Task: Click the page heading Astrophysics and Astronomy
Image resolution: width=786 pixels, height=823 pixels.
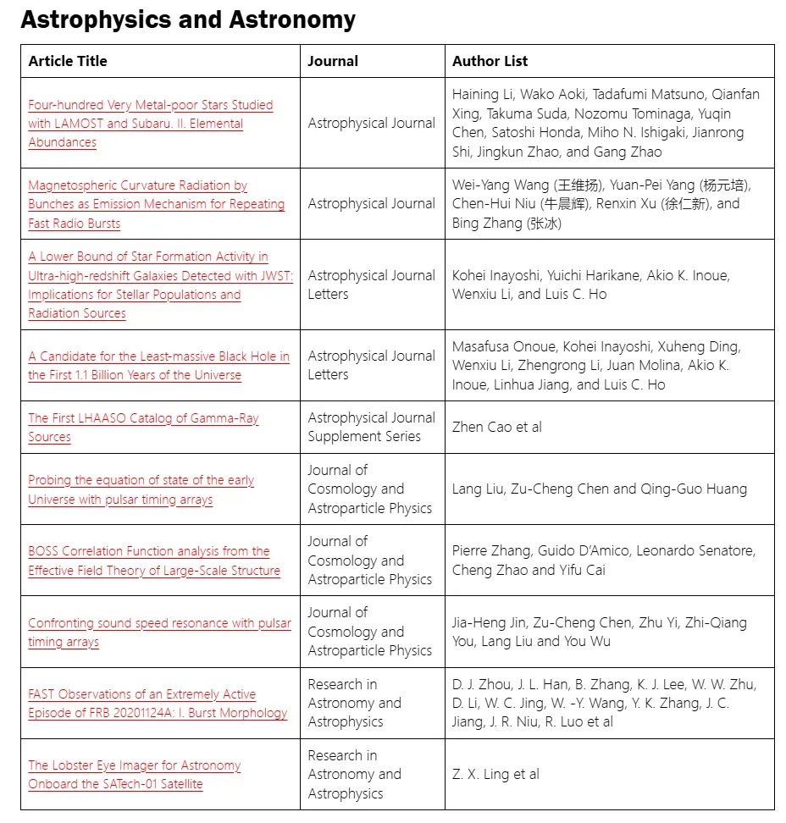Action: click(188, 19)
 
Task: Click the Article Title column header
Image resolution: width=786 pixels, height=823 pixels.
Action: click(68, 61)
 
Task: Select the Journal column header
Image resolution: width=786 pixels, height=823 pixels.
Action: click(333, 61)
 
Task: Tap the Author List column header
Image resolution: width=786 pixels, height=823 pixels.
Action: click(490, 61)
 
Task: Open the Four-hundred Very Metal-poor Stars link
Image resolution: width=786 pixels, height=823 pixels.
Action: click(150, 124)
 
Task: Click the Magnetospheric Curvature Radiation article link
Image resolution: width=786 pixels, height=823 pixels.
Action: click(156, 204)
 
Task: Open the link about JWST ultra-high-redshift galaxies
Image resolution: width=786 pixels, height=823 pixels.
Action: click(148, 284)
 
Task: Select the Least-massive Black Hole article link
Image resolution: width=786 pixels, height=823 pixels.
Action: click(158, 366)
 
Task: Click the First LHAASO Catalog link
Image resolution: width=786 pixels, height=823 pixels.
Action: click(143, 428)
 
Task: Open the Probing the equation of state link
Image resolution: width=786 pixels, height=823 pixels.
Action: click(141, 489)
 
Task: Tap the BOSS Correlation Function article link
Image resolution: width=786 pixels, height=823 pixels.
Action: click(153, 561)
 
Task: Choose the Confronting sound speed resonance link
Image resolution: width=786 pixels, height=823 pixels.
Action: click(159, 632)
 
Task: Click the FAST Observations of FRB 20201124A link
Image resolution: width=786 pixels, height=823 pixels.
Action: click(158, 704)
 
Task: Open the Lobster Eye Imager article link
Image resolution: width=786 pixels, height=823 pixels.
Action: click(134, 775)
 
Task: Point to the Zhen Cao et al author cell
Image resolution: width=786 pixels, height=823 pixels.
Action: click(497, 427)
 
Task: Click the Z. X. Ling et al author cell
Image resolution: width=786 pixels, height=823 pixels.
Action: click(495, 774)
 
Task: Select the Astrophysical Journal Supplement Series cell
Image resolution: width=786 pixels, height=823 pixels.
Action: click(371, 427)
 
